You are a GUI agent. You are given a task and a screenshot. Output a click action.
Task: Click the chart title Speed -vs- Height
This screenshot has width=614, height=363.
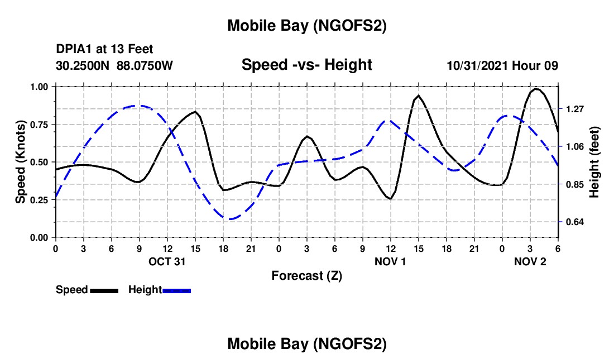click(x=306, y=65)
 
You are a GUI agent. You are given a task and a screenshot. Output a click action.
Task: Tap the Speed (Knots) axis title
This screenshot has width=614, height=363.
click(x=20, y=162)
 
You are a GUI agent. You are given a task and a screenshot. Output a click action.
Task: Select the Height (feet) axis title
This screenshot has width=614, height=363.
click(x=594, y=162)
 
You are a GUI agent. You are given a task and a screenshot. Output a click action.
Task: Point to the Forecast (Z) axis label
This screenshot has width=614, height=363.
click(x=306, y=275)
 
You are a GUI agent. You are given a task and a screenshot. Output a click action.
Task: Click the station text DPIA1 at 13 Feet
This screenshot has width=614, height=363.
click(x=104, y=49)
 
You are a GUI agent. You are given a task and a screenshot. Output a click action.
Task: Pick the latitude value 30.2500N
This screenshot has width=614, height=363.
click(x=83, y=65)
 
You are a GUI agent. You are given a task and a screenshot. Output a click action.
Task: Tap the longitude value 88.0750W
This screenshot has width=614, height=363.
click(x=145, y=65)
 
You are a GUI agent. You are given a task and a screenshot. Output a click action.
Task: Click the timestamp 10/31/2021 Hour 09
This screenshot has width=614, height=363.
click(x=502, y=65)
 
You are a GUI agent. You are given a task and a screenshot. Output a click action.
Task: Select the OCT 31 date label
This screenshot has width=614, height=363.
click(x=167, y=261)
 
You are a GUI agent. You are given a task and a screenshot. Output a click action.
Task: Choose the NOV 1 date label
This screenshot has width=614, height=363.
click(x=390, y=261)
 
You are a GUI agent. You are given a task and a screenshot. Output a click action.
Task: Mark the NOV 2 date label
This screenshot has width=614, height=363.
click(x=530, y=261)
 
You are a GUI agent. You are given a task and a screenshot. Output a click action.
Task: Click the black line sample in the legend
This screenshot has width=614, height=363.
click(x=104, y=290)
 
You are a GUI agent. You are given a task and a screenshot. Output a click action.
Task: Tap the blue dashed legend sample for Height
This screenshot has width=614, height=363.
click(x=177, y=290)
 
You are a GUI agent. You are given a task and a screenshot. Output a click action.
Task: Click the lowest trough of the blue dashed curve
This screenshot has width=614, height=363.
click(x=229, y=219)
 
